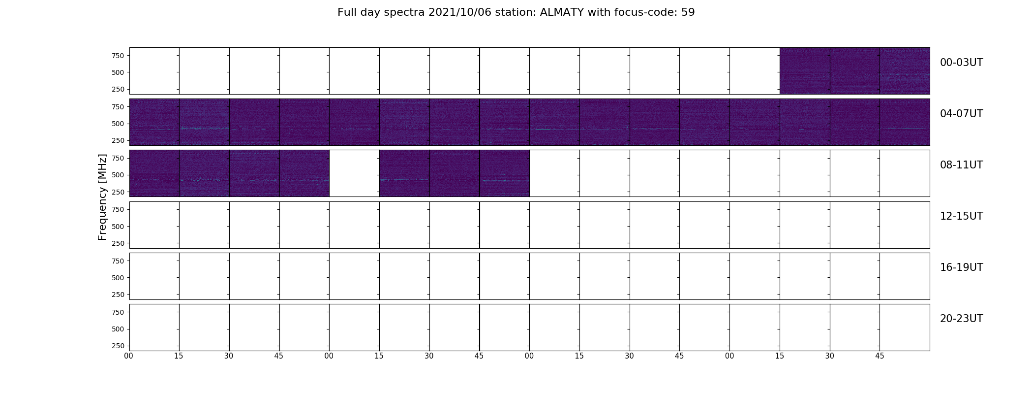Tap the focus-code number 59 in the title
[x=688, y=12]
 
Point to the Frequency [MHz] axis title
[x=102, y=197]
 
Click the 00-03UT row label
[x=961, y=63]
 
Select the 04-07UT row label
[x=961, y=114]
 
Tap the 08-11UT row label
[x=961, y=165]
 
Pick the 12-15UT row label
[x=961, y=216]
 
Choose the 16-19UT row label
[x=961, y=267]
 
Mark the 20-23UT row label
[x=961, y=319]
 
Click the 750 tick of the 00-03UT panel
[x=118, y=56]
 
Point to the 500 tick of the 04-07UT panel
[x=118, y=124]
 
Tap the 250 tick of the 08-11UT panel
[x=118, y=192]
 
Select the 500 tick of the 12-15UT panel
[x=118, y=227]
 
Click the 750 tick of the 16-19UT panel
[x=118, y=261]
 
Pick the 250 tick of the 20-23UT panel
[x=118, y=346]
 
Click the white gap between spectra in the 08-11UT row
[x=354, y=173]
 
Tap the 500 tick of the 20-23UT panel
[x=118, y=329]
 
